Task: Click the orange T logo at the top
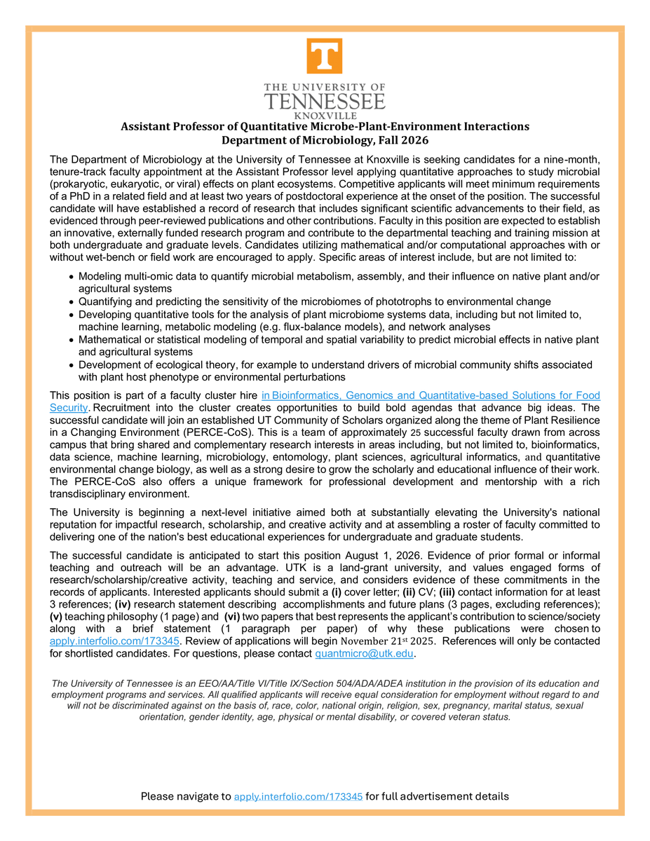(x=324, y=56)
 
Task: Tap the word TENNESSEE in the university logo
(x=324, y=101)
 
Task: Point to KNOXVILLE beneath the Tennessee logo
(x=324, y=115)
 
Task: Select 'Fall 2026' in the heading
(x=404, y=139)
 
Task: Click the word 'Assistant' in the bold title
(x=148, y=127)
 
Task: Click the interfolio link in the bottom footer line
(x=298, y=796)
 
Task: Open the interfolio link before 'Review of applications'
(x=115, y=641)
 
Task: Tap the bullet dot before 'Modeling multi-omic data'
(x=72, y=277)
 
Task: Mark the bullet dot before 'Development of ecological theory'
(x=72, y=366)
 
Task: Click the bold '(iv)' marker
(x=122, y=604)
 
